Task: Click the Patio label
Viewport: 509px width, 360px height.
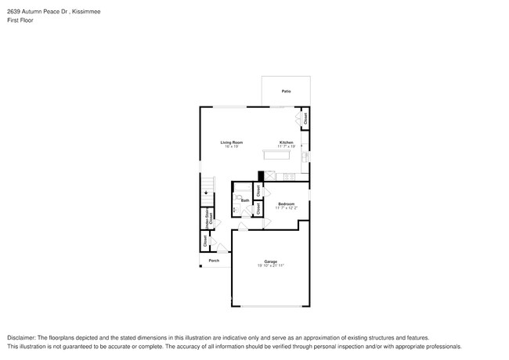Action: (286, 92)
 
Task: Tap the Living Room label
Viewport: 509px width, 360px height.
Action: (232, 142)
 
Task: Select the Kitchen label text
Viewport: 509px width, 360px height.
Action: (287, 142)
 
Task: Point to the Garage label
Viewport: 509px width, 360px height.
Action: (270, 261)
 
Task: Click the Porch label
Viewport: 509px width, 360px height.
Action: (213, 261)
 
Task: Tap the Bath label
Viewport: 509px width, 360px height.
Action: (245, 200)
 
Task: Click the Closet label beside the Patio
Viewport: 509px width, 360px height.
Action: (305, 119)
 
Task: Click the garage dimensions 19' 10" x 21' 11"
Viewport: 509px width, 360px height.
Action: (270, 266)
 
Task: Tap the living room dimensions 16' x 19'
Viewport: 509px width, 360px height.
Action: (232, 147)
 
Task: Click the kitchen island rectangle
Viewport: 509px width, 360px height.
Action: (277, 155)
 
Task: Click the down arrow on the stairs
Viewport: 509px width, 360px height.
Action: (206, 192)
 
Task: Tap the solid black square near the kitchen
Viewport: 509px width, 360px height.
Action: (261, 177)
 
